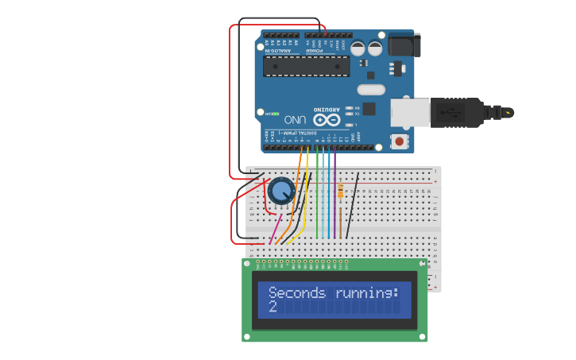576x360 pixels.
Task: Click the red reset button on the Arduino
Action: click(399, 141)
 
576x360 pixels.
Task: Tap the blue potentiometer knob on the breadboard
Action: click(281, 191)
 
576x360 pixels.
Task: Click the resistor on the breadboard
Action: click(341, 192)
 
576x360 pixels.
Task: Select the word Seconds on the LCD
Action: click(297, 292)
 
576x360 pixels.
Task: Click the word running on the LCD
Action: click(365, 292)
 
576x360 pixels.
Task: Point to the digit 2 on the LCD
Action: click(273, 306)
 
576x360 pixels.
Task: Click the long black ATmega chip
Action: click(307, 66)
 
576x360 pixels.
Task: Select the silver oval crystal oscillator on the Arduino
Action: click(371, 90)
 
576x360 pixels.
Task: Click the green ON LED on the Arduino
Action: click(268, 114)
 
